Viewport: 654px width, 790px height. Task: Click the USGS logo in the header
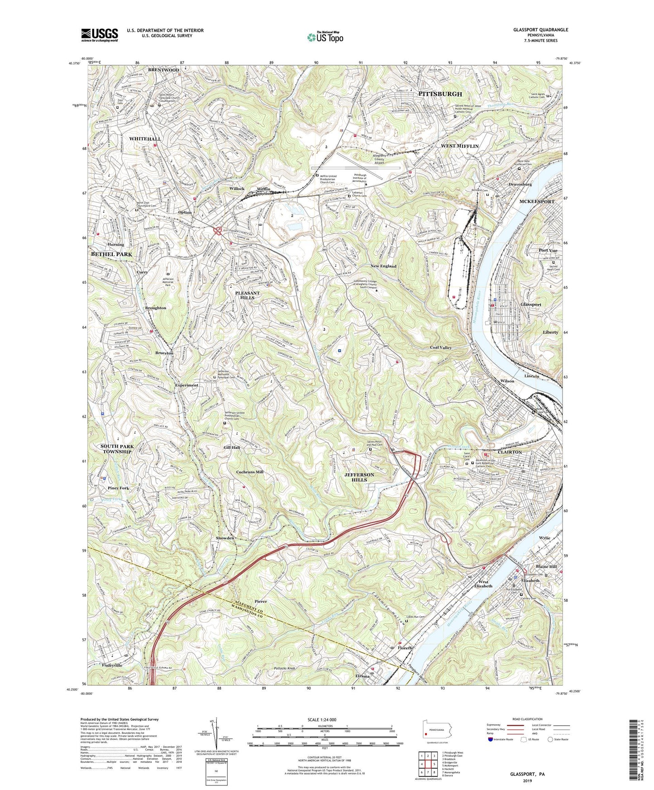click(x=100, y=34)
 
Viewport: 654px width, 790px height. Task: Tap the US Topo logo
click(x=325, y=37)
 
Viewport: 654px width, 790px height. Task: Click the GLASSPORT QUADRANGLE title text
click(x=540, y=30)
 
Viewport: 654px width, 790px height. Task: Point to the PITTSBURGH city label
click(x=440, y=94)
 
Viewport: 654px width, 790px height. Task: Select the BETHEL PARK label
click(x=112, y=254)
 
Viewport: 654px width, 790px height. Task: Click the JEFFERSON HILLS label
click(x=359, y=477)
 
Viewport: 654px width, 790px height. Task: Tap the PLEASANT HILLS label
click(x=248, y=296)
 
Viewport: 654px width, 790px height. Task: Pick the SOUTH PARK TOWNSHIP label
click(x=118, y=449)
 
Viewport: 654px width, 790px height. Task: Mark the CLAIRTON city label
click(x=510, y=452)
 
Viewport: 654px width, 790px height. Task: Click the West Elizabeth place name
click(x=483, y=583)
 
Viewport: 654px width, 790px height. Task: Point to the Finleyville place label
click(x=112, y=665)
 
